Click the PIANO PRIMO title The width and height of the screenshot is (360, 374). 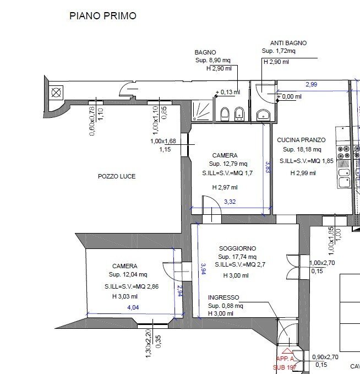102,16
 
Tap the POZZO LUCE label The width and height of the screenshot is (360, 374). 117,177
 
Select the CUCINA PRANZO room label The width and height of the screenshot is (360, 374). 301,140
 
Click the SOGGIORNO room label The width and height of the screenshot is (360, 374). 237,248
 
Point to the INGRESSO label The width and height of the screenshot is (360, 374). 223,297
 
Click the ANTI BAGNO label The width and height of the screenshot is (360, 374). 288,43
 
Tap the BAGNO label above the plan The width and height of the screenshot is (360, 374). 205,52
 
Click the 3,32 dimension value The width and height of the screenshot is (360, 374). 230,202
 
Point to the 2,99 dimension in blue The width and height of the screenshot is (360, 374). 312,84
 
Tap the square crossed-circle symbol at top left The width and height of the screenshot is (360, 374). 56,93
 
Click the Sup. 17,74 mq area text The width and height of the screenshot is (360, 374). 237,257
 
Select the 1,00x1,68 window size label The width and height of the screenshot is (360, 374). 164,141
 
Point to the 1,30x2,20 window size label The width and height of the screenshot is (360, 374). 148,344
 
